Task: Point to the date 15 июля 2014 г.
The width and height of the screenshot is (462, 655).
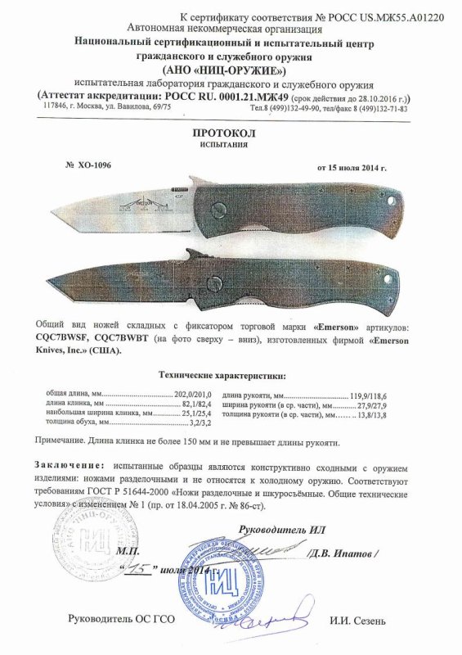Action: (x=351, y=167)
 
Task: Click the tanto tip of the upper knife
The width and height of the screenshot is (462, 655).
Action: (x=55, y=207)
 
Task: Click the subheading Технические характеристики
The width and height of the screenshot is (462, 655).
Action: (x=222, y=375)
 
